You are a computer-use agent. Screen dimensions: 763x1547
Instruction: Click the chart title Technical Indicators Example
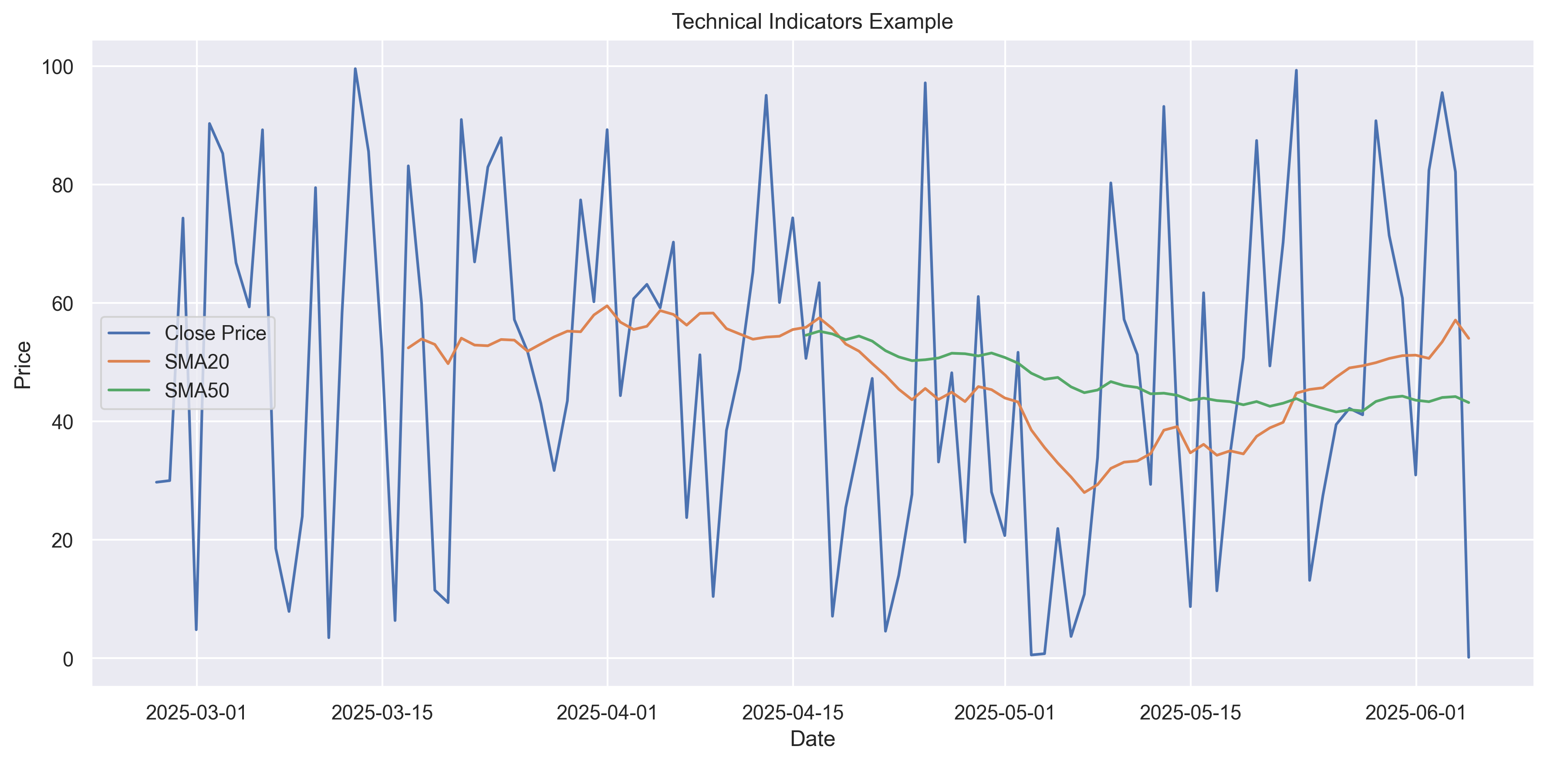pyautogui.click(x=812, y=22)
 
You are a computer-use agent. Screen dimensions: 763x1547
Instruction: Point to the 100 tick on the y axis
pyautogui.click(x=57, y=67)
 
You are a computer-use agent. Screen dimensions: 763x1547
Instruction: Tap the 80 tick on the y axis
pyautogui.click(x=62, y=185)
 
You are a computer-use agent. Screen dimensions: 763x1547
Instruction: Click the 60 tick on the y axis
pyautogui.click(x=62, y=304)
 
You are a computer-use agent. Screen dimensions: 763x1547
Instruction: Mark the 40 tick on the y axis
pyautogui.click(x=62, y=422)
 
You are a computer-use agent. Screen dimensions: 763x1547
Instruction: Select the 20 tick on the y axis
pyautogui.click(x=62, y=540)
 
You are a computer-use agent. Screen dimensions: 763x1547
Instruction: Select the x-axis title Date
pyautogui.click(x=812, y=739)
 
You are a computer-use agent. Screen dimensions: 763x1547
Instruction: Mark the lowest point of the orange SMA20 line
pyautogui.click(x=1084, y=492)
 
